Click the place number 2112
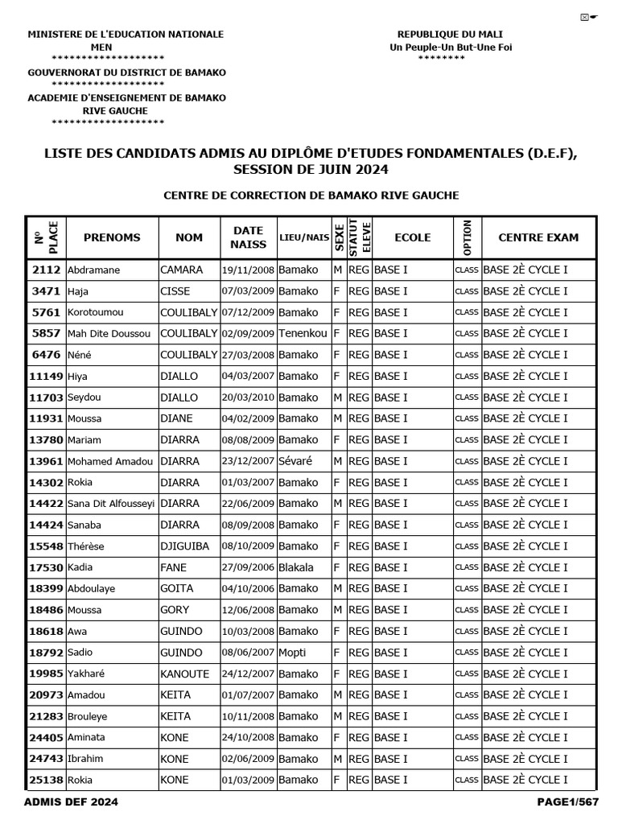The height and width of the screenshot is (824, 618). click(44, 270)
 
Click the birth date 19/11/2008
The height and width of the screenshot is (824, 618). click(248, 270)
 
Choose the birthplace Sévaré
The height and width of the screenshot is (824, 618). click(295, 461)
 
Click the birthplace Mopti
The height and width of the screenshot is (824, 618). click(292, 653)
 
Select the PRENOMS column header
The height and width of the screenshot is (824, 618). click(112, 237)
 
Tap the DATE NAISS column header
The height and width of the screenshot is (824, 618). click(248, 237)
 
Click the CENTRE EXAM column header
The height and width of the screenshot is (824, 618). click(538, 237)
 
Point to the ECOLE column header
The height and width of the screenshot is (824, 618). click(412, 237)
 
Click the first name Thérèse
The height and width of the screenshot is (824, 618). click(86, 546)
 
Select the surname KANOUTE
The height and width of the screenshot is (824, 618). click(184, 674)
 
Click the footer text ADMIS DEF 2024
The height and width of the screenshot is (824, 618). click(72, 802)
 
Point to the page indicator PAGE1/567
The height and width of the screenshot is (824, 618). click(568, 802)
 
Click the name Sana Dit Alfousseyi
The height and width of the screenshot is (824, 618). click(111, 504)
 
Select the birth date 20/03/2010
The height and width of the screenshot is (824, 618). click(248, 398)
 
